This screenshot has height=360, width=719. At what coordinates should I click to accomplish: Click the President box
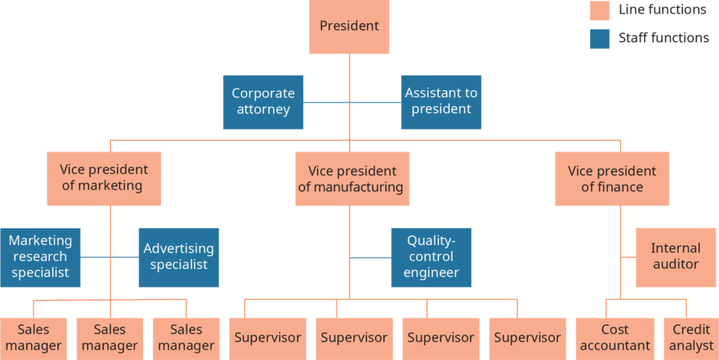349,27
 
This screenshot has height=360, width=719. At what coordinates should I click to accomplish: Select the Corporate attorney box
263,102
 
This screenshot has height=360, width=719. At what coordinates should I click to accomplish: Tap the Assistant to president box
441,102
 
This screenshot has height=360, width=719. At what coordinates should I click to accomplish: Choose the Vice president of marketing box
104,178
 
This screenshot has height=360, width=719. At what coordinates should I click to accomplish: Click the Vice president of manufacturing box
352,179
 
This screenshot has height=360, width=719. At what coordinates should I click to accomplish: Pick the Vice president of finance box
612,179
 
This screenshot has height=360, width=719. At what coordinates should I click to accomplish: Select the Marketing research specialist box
40,257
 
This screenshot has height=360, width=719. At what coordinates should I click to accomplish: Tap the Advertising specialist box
178,257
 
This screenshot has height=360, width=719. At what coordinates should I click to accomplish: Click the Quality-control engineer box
431,257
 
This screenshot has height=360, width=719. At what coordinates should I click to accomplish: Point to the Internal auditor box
675,257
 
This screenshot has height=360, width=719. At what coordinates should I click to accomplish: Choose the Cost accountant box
615,338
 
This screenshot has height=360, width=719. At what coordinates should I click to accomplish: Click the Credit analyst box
691,338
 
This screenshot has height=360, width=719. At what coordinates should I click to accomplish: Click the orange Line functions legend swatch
599,11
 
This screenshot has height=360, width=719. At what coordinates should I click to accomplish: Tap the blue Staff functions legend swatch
599,39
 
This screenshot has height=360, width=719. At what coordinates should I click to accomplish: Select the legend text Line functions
662,10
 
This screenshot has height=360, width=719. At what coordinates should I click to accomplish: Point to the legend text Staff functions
664,38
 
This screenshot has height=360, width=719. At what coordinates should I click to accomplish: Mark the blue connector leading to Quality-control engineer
371,258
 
